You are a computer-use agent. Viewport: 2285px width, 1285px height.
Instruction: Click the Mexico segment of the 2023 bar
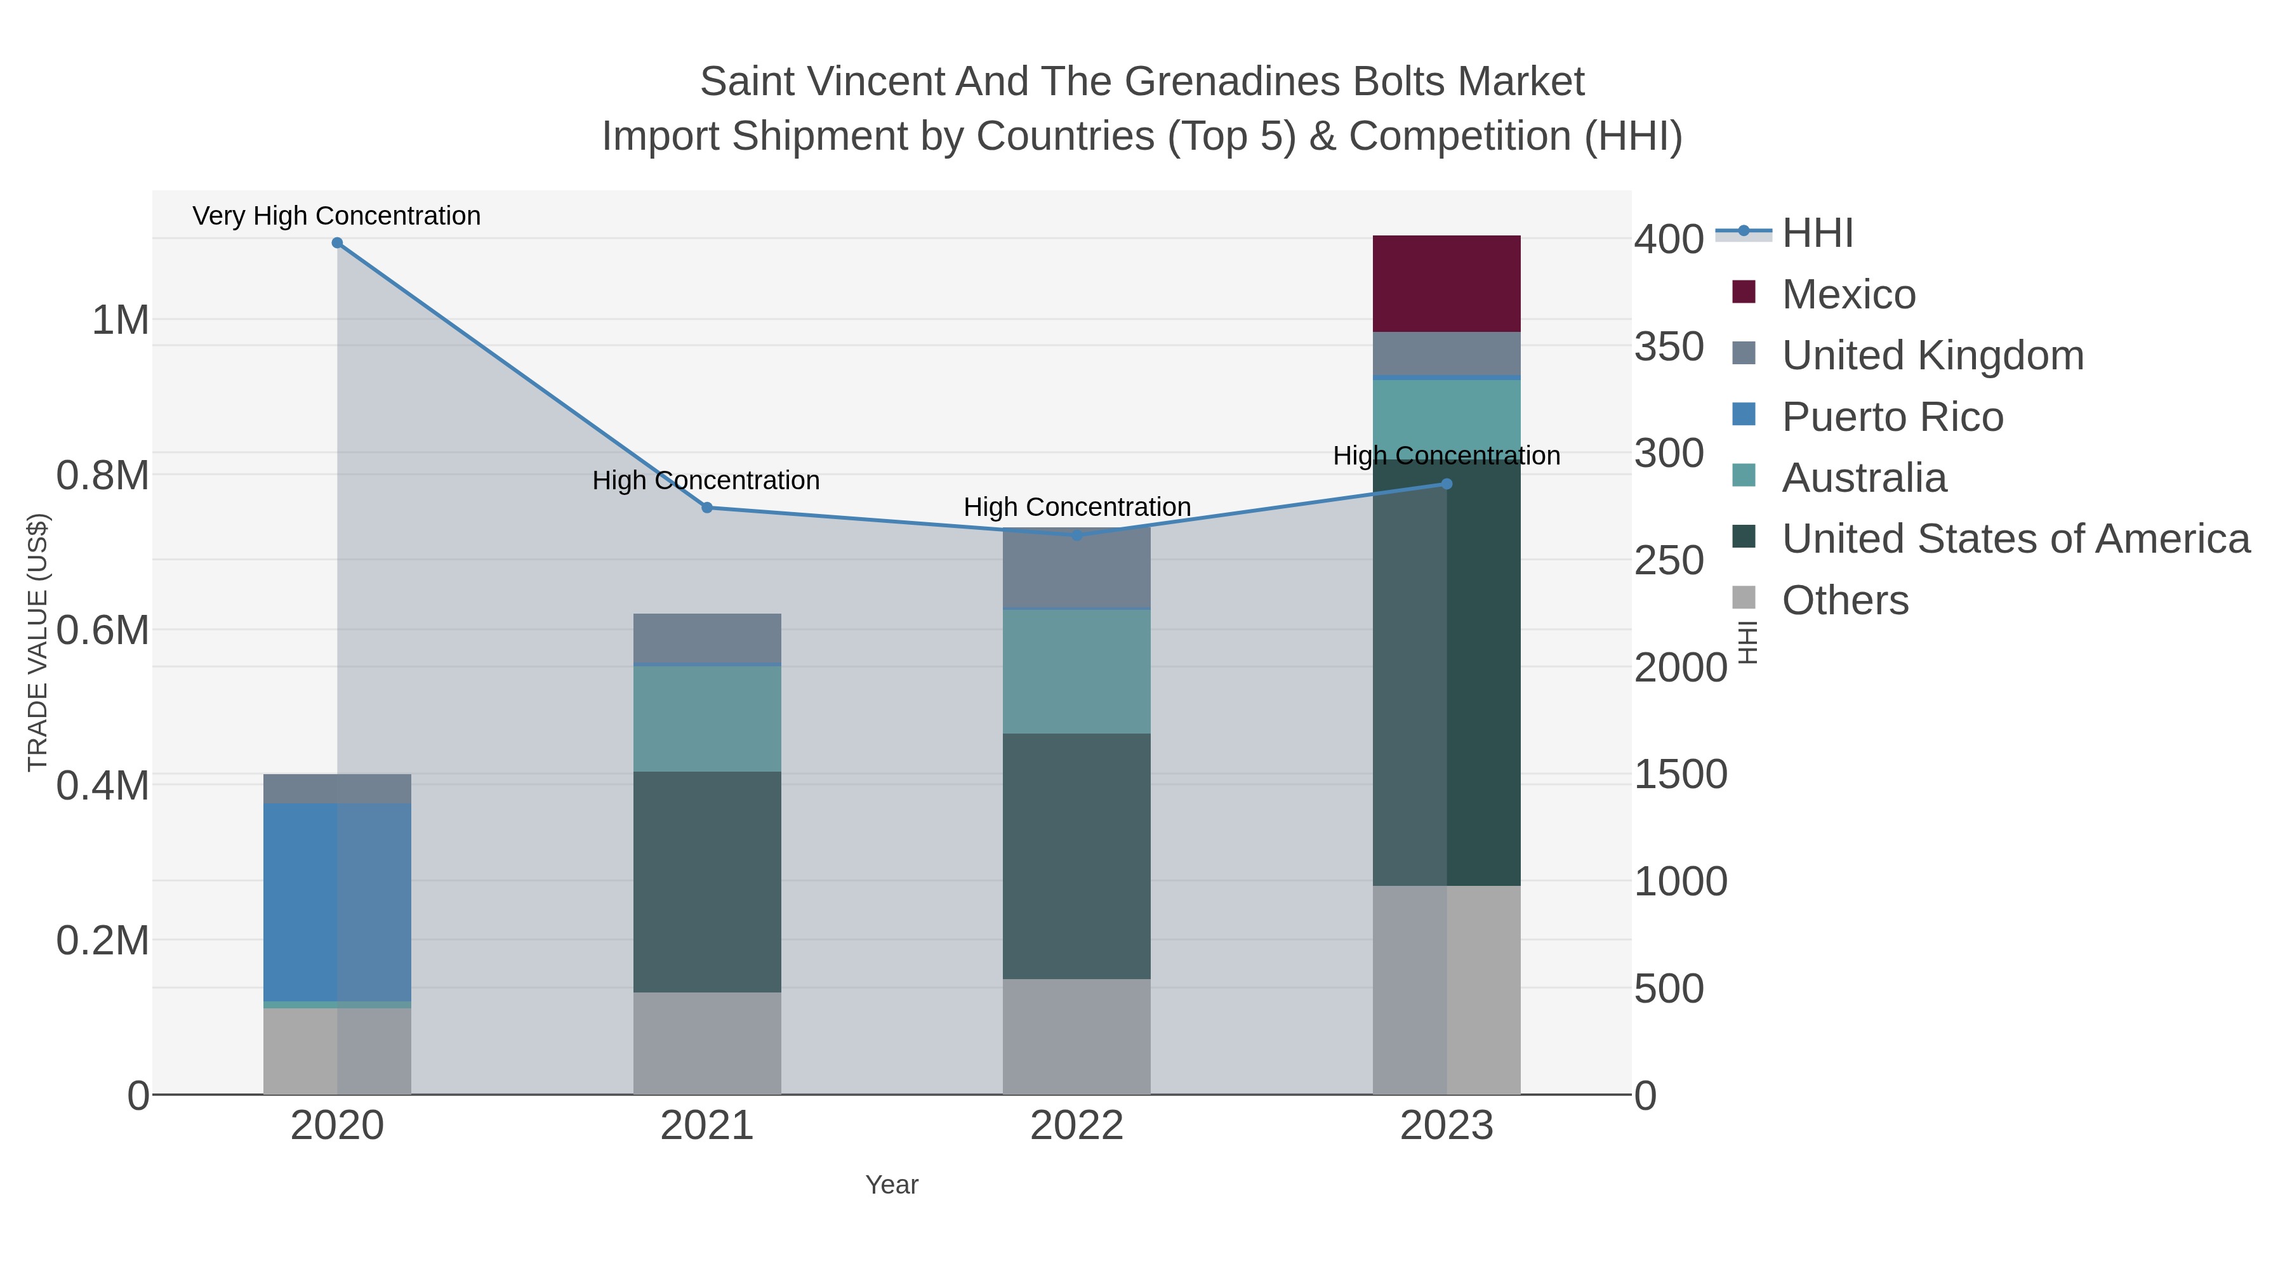pyautogui.click(x=1446, y=284)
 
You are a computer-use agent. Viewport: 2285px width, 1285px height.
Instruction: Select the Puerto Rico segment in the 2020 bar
pyautogui.click(x=337, y=902)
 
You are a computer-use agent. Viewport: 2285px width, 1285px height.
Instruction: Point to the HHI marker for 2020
pyautogui.click(x=337, y=243)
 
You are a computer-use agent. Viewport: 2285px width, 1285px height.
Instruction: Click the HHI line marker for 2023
pyautogui.click(x=1446, y=484)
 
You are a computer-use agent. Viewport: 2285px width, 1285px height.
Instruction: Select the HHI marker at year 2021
pyautogui.click(x=707, y=508)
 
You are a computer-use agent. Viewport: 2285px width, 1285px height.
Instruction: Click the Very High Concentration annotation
pyautogui.click(x=336, y=216)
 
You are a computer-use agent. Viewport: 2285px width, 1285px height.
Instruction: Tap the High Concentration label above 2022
pyautogui.click(x=1077, y=507)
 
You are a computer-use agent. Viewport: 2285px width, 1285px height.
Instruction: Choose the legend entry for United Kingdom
pyautogui.click(x=1932, y=355)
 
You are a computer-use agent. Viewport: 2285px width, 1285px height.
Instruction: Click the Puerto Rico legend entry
pyautogui.click(x=1892, y=417)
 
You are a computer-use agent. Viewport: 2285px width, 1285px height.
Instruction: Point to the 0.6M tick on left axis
pyautogui.click(x=103, y=631)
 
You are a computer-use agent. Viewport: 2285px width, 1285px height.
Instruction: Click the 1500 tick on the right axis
pyautogui.click(x=1680, y=774)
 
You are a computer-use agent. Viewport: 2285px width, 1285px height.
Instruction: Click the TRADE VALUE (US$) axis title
pyautogui.click(x=38, y=642)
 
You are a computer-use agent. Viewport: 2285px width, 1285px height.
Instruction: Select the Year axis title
pyautogui.click(x=892, y=1185)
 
